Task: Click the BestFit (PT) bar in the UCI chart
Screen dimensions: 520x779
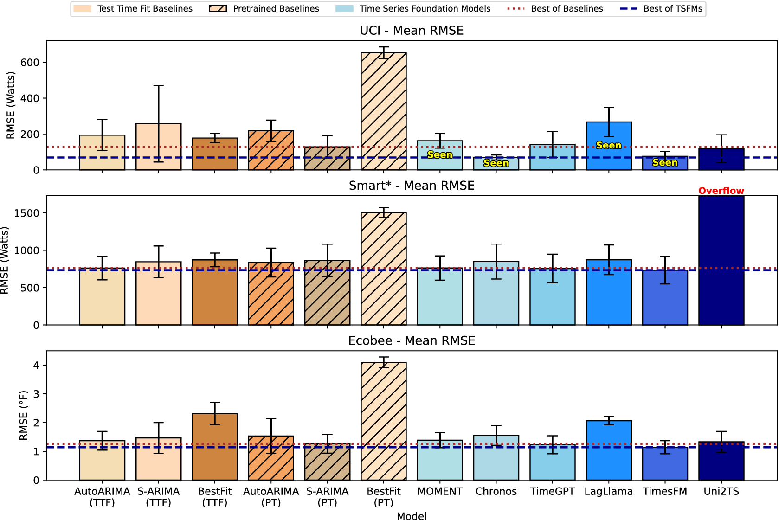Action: [x=384, y=111]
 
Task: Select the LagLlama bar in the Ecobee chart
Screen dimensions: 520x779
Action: [x=609, y=450]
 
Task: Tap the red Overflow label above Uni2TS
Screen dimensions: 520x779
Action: [x=721, y=191]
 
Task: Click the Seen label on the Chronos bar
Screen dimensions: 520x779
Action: [x=496, y=163]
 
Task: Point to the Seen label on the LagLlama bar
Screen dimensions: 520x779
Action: [x=608, y=146]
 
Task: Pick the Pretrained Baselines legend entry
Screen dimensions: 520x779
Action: [x=264, y=9]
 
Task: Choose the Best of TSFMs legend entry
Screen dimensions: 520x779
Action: [x=661, y=9]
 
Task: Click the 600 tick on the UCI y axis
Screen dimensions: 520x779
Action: [x=30, y=63]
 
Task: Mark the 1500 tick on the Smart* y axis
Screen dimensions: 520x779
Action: [x=27, y=213]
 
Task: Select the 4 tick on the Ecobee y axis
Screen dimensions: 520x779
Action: [x=36, y=366]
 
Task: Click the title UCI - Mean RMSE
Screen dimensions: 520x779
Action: [x=412, y=31]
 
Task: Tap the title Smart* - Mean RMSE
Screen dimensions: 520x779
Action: [x=412, y=186]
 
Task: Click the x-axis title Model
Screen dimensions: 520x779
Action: [x=412, y=516]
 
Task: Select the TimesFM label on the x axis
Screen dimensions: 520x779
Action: [x=665, y=492]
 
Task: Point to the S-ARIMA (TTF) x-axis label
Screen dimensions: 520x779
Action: [x=159, y=497]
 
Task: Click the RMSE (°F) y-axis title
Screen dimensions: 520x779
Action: [x=24, y=415]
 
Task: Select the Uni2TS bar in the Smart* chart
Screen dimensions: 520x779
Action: [x=721, y=260]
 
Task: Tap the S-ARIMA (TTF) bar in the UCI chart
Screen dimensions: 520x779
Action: [x=159, y=147]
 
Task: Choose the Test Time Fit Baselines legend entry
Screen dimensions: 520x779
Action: [x=133, y=9]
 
